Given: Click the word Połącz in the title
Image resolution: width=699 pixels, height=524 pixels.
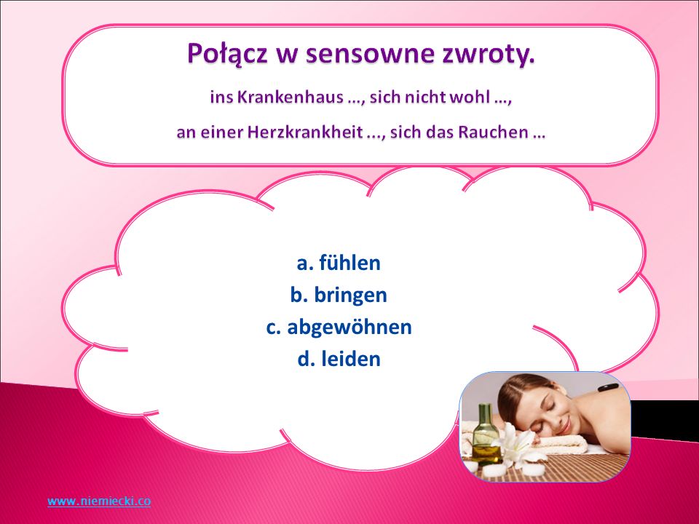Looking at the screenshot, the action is click(x=227, y=54).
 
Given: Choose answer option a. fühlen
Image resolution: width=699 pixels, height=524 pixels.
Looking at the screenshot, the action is click(x=339, y=263).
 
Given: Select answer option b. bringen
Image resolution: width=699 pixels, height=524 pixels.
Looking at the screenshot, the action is click(x=339, y=295).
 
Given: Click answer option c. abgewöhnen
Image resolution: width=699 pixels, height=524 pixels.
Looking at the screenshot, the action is click(x=339, y=327).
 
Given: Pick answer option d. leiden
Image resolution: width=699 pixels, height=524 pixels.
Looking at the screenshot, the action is click(x=339, y=359).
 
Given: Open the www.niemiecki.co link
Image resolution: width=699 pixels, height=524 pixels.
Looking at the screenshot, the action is click(x=99, y=501).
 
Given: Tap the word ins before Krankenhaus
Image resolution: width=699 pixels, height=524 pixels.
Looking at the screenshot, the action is click(x=221, y=97).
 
